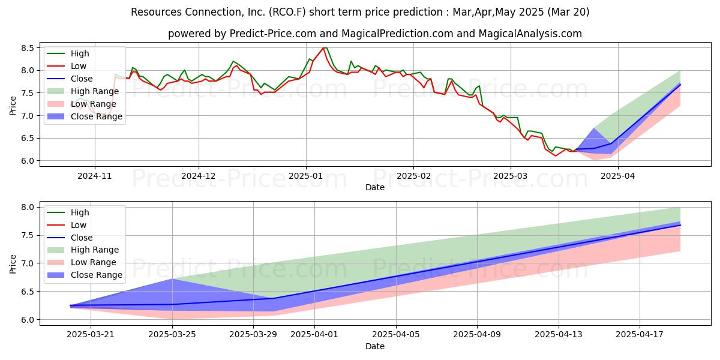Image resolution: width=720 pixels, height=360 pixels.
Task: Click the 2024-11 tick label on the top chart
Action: pos(95,176)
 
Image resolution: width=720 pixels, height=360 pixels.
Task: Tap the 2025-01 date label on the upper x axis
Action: pos(305,176)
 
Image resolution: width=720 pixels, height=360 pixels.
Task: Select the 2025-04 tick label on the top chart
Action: pos(617,176)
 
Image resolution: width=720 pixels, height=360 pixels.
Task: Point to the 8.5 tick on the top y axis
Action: pos(28,48)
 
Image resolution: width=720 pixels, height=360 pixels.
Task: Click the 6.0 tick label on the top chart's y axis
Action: pos(28,161)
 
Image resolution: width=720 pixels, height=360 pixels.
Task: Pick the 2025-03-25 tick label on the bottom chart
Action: pos(172,334)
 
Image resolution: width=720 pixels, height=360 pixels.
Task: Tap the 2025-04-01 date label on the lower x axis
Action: pos(314,334)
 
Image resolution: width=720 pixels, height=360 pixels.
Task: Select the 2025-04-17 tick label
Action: pos(640,334)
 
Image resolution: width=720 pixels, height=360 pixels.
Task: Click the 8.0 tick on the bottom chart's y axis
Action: pos(28,207)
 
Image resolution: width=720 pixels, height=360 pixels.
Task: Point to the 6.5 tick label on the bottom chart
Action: pos(28,292)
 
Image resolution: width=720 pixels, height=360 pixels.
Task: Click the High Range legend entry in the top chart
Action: pos(83,91)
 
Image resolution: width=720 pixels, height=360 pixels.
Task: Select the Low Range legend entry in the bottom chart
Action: pos(82,262)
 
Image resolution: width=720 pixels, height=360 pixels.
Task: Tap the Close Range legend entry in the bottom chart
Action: pos(85,275)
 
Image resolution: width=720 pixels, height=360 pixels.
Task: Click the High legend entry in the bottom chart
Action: pos(68,212)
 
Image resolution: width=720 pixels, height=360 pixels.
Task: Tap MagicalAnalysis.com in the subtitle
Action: pos(530,34)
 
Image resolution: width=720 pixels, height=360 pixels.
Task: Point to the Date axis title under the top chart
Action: pos(375,187)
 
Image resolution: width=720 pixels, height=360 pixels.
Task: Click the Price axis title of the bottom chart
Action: pos(13,264)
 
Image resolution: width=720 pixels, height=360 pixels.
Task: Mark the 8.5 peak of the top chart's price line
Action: pos(323,47)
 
